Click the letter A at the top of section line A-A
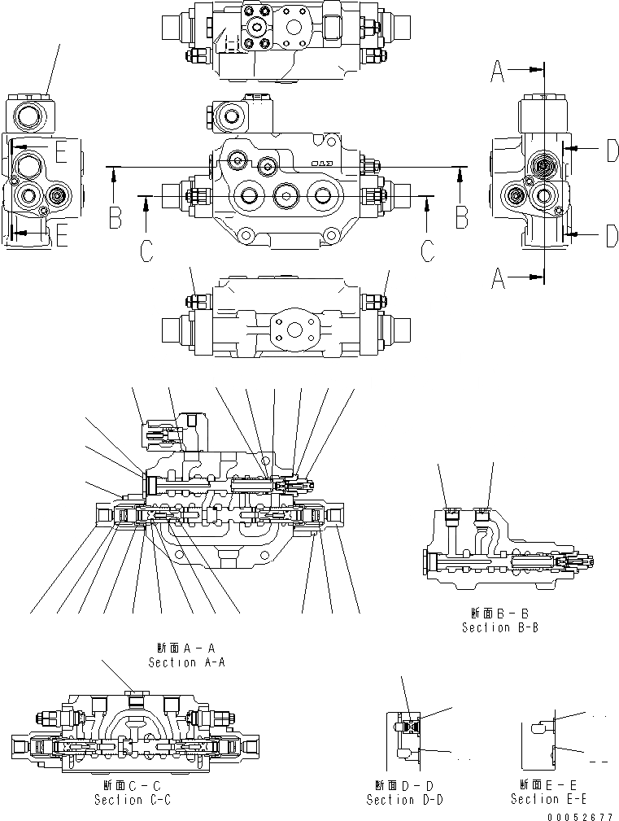(x=497, y=73)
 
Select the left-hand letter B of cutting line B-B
(x=116, y=218)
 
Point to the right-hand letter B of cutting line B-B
(x=461, y=218)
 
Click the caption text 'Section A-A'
(x=186, y=662)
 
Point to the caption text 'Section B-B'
(x=500, y=627)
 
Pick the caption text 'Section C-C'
(x=133, y=800)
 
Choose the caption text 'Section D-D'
(x=404, y=800)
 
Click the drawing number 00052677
(x=578, y=815)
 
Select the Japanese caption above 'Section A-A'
(x=186, y=649)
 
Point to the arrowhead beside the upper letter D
(x=567, y=148)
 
